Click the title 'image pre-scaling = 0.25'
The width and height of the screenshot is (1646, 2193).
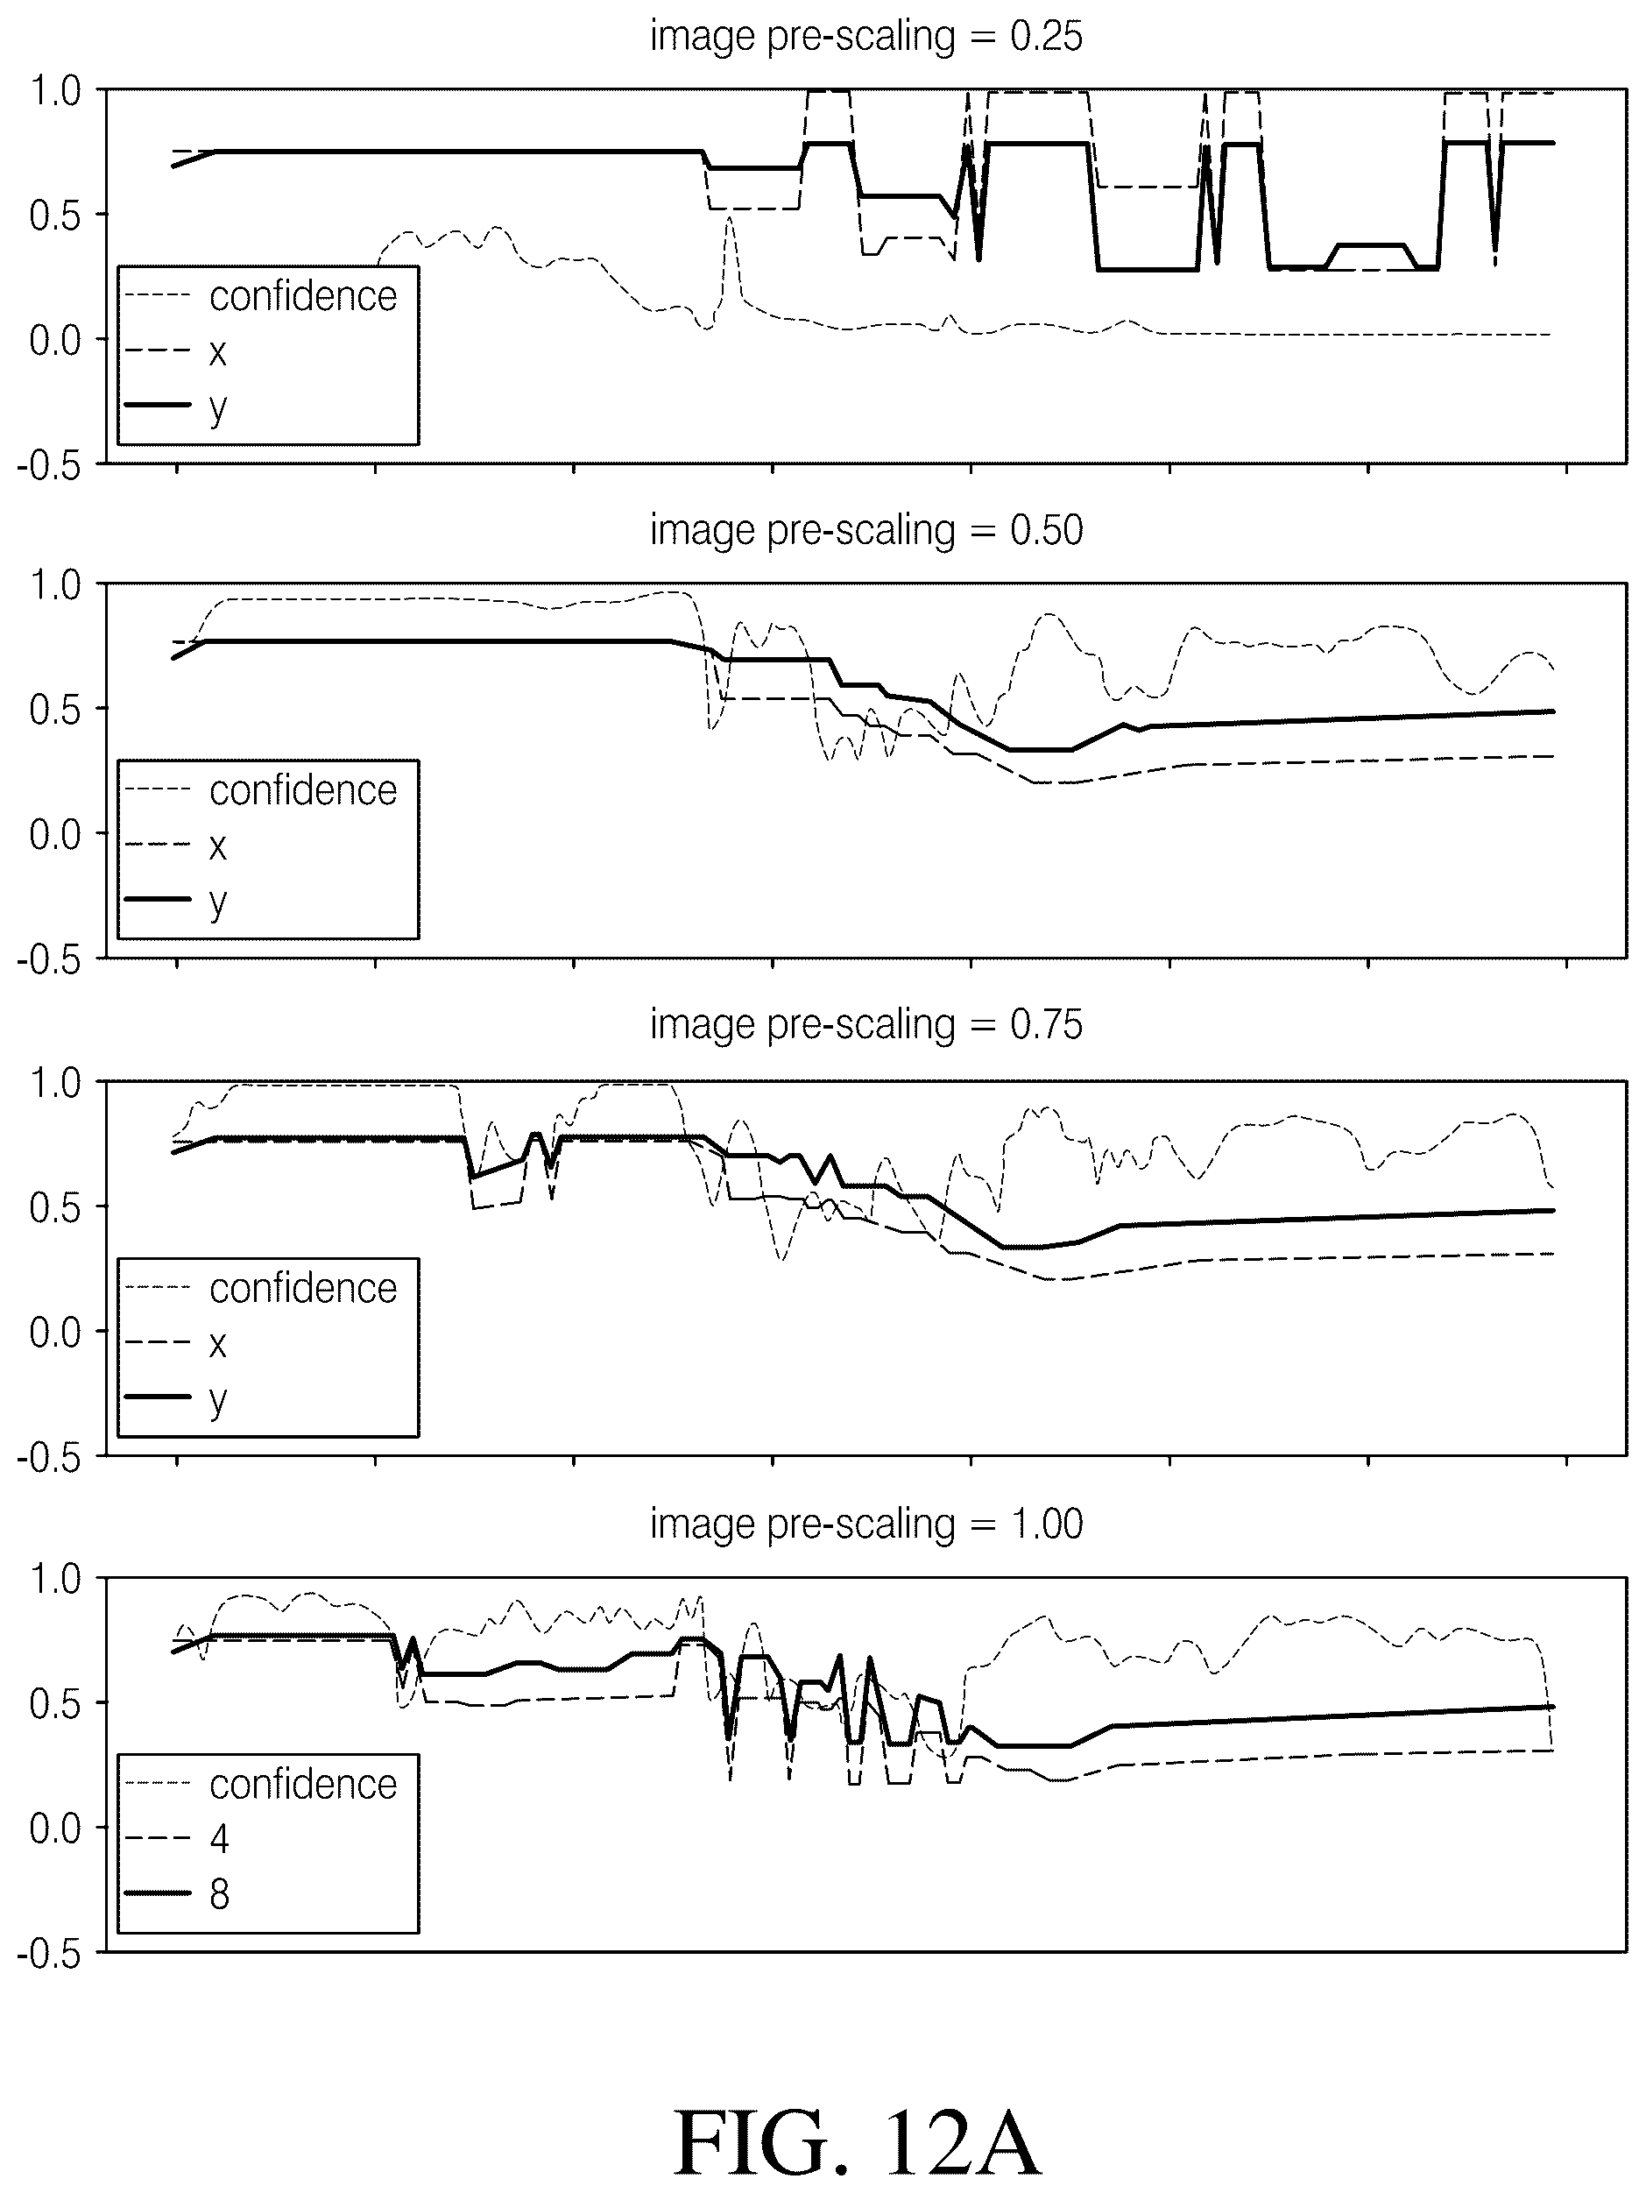coord(866,37)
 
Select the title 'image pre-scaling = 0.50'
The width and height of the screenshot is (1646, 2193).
coord(866,530)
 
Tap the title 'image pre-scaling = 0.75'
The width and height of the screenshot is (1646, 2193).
coord(866,1024)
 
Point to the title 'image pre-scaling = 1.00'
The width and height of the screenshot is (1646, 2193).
coord(866,1523)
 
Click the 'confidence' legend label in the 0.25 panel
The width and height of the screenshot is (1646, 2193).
coord(303,295)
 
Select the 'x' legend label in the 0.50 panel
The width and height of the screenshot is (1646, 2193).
coord(218,845)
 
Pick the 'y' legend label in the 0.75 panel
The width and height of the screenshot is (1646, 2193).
coord(218,1401)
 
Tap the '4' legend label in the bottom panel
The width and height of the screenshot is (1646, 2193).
coord(219,1839)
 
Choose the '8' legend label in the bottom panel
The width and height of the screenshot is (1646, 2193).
coord(219,1894)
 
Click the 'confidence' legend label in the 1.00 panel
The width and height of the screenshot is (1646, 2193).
coord(303,1784)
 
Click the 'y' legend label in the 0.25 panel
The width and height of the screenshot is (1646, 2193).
coord(218,408)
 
